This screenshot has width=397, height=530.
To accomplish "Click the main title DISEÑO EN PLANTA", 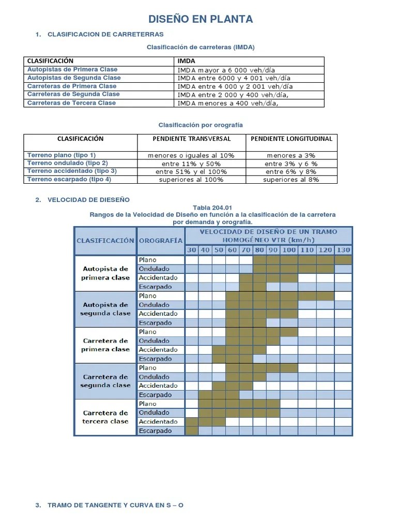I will click(x=201, y=20).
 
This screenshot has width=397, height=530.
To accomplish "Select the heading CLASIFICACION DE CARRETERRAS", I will click(x=105, y=35).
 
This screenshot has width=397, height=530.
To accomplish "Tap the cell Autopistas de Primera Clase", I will click(x=72, y=69).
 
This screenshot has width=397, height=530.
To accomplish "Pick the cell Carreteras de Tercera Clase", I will click(x=71, y=103).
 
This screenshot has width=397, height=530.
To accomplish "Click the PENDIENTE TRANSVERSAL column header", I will click(x=191, y=139).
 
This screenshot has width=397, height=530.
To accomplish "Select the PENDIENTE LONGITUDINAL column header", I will click(x=291, y=139).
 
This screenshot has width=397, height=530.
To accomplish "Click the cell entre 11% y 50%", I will click(x=191, y=164).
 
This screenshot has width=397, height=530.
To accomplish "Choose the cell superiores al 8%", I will click(x=291, y=180).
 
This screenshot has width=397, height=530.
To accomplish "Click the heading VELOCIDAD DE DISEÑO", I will click(x=88, y=200).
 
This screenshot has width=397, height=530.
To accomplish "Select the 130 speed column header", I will click(x=343, y=251).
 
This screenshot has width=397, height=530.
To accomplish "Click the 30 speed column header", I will click(x=192, y=251).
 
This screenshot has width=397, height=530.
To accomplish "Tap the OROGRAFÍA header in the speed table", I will click(x=160, y=241).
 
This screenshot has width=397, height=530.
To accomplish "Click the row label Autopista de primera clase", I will click(x=105, y=273).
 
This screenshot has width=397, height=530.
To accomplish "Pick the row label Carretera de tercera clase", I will click(x=105, y=417).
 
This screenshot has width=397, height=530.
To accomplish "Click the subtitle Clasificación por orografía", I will click(x=200, y=125).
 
